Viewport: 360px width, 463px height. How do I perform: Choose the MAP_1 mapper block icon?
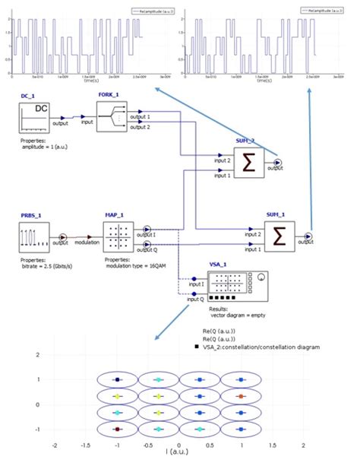coord(119,236)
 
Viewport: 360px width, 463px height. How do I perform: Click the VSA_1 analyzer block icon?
coord(232,284)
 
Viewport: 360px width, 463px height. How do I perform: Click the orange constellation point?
coord(239,396)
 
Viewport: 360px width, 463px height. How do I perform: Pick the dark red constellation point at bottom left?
coord(117,430)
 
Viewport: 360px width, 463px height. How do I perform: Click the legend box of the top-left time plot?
coord(151,12)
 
